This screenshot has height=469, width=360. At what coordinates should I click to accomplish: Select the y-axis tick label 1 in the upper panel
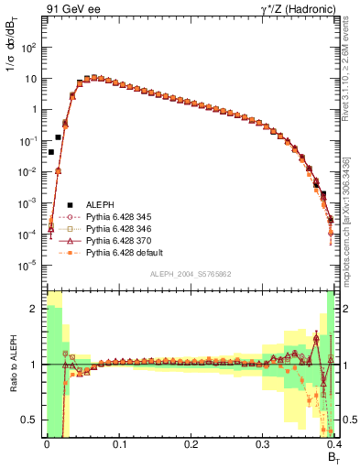tap(36, 109)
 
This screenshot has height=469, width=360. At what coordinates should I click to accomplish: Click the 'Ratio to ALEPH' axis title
tap(12, 365)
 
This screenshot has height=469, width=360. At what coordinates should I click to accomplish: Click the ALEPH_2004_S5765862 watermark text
tap(190, 274)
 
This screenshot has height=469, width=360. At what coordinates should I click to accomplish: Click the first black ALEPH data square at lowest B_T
tap(51, 152)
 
